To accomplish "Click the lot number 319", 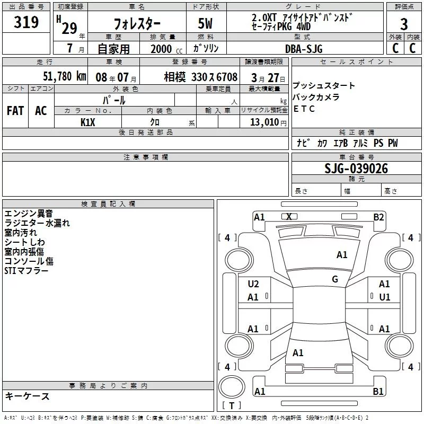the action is click(x=27, y=22).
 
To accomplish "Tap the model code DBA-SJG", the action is click(x=303, y=49).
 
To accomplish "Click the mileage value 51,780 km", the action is click(x=64, y=76).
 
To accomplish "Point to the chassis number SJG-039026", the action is click(x=356, y=169).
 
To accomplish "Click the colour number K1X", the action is click(x=87, y=122).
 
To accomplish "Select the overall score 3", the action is click(x=404, y=24).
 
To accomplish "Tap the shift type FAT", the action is click(x=15, y=111).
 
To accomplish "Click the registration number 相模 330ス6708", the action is click(x=200, y=76).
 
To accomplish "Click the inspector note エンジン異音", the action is click(x=29, y=214).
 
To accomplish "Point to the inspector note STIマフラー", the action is click(x=26, y=271).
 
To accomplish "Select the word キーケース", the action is click(x=27, y=396).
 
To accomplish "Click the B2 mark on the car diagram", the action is click(x=378, y=217).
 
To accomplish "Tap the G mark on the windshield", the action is click(x=335, y=279).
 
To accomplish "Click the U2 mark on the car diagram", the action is click(x=253, y=284).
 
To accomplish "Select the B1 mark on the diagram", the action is click(x=378, y=392).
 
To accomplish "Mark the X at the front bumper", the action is click(x=289, y=216).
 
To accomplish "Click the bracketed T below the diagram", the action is click(x=232, y=405).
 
